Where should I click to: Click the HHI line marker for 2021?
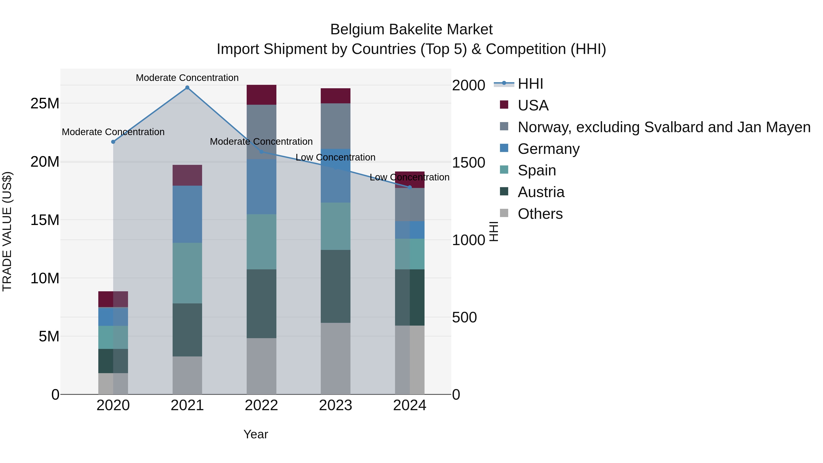187,88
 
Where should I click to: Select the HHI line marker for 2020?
113,142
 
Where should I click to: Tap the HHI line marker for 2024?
410,187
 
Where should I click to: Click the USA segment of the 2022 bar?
261,95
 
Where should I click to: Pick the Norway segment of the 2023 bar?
335,126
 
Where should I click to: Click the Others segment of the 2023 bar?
335,359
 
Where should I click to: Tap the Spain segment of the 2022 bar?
261,242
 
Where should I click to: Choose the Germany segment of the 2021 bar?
187,214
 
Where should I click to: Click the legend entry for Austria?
541,192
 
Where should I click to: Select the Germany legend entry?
548,149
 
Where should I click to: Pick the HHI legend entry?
530,84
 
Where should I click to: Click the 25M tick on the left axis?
45,104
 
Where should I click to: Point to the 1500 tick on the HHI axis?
469,163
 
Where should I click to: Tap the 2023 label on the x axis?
335,405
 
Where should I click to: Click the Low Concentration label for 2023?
335,157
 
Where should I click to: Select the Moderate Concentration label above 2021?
187,78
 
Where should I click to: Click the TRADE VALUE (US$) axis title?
7,231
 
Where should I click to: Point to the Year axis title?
256,434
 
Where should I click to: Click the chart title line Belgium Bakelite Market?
411,29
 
